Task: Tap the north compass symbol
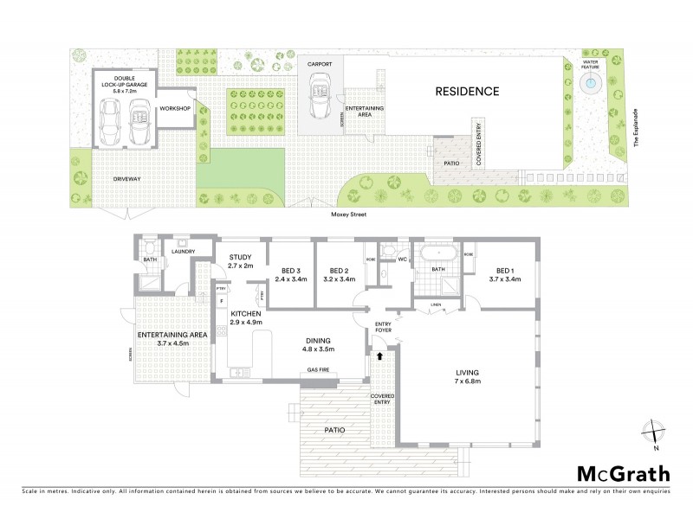pyautogui.click(x=655, y=432)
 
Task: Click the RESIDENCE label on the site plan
pyautogui.click(x=467, y=91)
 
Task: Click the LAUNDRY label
pyautogui.click(x=183, y=252)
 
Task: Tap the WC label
pyautogui.click(x=403, y=259)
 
